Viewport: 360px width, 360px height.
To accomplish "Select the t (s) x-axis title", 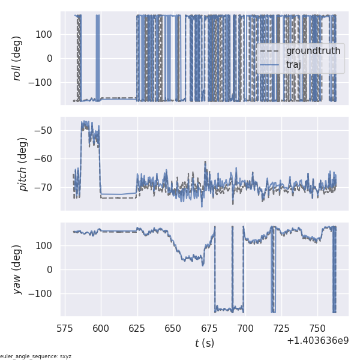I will pos(204,343).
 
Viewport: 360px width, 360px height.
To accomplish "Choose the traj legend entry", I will pos(293,64).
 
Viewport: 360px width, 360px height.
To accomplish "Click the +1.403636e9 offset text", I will pos(317,340).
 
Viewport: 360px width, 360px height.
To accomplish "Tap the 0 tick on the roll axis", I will pos(50,58).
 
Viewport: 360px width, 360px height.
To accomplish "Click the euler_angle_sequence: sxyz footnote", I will pos(36,356).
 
